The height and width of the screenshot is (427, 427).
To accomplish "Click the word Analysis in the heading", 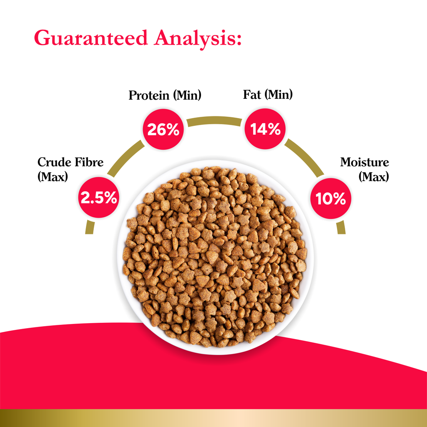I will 198,38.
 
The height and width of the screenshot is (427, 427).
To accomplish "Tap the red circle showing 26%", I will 163,130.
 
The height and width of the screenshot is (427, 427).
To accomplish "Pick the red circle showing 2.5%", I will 98,198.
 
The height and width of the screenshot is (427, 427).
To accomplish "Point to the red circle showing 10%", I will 331,198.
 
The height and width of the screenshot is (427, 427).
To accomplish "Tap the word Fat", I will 251,95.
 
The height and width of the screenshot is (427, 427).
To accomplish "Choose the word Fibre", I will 88,162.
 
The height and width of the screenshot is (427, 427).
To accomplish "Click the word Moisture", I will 364,162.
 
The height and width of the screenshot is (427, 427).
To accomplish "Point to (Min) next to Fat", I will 279,95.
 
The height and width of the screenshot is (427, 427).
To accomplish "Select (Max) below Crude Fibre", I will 52,176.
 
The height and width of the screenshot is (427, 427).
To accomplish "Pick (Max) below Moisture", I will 374,176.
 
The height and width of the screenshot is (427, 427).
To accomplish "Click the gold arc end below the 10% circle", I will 341,227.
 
